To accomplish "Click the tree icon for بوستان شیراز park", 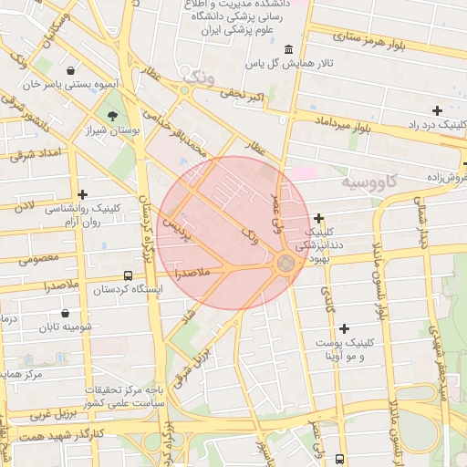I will click(112, 116).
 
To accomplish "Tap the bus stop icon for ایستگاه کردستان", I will click(127, 275).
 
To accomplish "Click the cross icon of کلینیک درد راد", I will click(438, 110).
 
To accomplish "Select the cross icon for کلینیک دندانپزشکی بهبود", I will click(318, 218).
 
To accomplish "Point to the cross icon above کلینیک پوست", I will click(344, 328).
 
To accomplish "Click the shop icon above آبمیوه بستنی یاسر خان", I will click(71, 70).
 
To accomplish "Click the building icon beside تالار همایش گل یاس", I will click(289, 49).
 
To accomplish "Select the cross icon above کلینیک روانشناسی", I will click(83, 194).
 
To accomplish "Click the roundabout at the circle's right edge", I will click(285, 264).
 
